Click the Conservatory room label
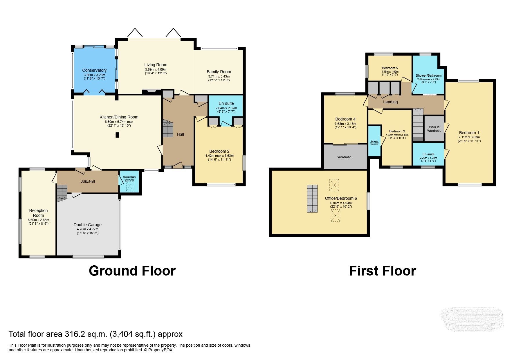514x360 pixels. [x=94, y=70]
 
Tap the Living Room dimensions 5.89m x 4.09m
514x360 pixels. [x=156, y=70]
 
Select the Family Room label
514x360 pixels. [x=219, y=72]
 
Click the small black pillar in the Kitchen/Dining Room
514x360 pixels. [x=117, y=135]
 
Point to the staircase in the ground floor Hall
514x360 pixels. [x=168, y=129]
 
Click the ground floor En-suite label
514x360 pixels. [x=226, y=103]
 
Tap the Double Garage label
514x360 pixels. [x=87, y=225]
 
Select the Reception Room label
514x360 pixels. [x=38, y=213]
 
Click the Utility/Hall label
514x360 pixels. [x=87, y=181]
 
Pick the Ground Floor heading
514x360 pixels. [x=132, y=271]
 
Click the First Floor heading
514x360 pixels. [x=382, y=271]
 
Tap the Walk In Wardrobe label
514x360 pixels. [x=434, y=129]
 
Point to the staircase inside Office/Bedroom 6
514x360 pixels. [x=313, y=199]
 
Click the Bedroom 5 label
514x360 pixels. [x=390, y=68]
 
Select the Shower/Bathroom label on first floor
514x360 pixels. [x=428, y=75]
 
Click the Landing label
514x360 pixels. [x=390, y=102]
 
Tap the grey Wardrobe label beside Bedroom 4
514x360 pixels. [x=344, y=157]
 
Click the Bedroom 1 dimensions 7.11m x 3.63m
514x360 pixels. [x=469, y=137]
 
